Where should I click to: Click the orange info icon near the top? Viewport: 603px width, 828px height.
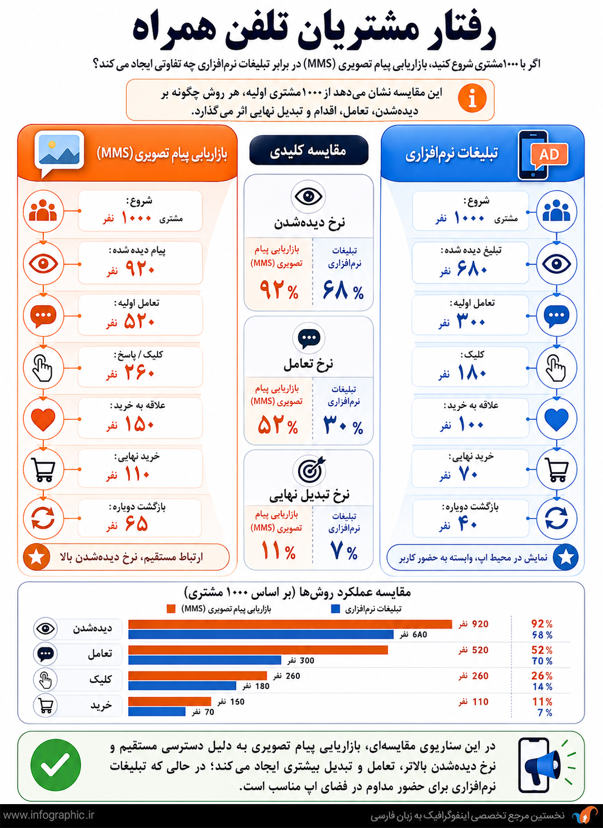coord(472,99)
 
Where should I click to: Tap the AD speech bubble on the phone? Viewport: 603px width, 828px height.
coord(549,155)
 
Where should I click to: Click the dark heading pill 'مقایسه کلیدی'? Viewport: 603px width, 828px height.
coord(309,151)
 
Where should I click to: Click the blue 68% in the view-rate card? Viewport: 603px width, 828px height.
coord(343,290)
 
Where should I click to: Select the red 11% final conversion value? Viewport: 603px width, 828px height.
coord(279,550)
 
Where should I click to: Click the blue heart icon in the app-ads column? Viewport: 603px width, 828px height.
coord(556,419)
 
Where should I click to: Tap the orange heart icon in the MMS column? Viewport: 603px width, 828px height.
coord(43,419)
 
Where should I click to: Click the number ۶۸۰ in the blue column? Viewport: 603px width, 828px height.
coord(472,268)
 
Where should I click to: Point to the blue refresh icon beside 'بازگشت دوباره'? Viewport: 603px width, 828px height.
coord(556,518)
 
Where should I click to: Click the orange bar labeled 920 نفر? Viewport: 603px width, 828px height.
coord(290,624)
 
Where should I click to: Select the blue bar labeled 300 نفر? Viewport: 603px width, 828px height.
coord(205,660)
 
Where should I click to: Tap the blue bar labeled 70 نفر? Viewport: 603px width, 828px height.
coord(157,711)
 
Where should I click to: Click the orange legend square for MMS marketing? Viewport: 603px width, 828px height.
coord(171,608)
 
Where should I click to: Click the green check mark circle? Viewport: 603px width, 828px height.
coord(56,765)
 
